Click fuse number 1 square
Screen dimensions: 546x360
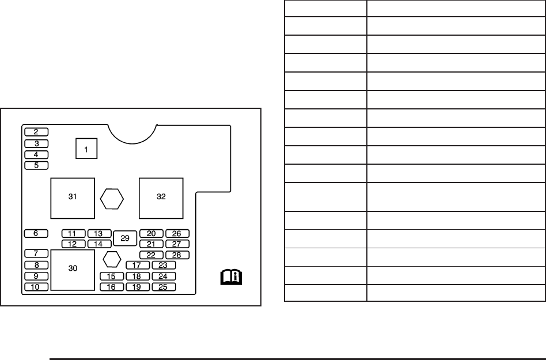(x=86, y=148)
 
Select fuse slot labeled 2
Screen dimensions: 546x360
(x=36, y=132)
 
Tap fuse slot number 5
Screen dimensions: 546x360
(x=36, y=165)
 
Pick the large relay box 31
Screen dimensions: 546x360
(x=73, y=199)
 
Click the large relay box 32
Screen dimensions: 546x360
(x=161, y=199)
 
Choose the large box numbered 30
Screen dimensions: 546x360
(x=73, y=270)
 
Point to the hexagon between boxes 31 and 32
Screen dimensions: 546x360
(x=112, y=199)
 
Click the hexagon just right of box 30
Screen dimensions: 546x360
(x=112, y=259)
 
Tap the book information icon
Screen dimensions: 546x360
(x=231, y=277)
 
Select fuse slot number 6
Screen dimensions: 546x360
(x=36, y=233)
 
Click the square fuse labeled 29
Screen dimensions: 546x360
(x=125, y=238)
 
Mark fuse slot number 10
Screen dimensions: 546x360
(x=36, y=287)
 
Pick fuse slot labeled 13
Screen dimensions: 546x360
(x=99, y=234)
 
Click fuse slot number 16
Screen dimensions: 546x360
(x=112, y=287)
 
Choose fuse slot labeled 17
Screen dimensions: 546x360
(x=138, y=266)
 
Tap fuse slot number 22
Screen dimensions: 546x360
(x=151, y=255)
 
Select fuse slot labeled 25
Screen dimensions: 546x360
(x=164, y=287)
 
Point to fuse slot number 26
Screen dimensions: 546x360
(x=177, y=234)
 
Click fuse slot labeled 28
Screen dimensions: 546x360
(x=177, y=255)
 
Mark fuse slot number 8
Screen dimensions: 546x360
(x=36, y=266)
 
